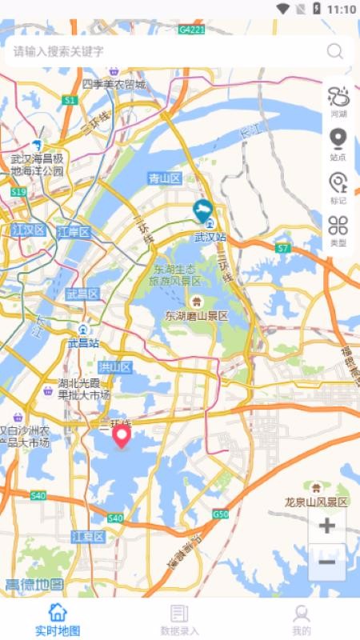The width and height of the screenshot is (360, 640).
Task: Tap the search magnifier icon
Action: coord(334,52)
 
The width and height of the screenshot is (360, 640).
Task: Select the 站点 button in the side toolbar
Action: coord(338,143)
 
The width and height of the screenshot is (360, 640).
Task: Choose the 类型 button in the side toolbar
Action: coord(338,229)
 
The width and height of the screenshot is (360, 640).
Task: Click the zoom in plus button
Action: coord(326,526)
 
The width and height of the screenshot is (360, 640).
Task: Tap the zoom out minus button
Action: coord(326,562)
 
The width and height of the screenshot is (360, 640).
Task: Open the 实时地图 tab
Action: coord(58,619)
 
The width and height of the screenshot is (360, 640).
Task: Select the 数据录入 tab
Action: coord(179,619)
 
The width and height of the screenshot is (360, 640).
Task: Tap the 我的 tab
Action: coord(301,619)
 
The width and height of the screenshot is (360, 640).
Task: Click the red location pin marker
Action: coord(122,437)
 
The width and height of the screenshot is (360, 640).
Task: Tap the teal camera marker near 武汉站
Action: coord(202,211)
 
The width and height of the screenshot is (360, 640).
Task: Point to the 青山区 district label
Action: coord(165,178)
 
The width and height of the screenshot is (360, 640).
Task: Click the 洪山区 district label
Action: coord(114,367)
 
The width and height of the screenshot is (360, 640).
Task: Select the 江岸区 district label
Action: coord(74,232)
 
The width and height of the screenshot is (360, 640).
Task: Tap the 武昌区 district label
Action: coord(82,294)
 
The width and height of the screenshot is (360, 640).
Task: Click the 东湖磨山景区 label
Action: coord(196,316)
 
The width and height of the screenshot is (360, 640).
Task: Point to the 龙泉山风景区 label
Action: coord(317,502)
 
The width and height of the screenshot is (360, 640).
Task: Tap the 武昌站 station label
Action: coord(82,342)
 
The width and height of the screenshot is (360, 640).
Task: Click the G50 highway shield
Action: coord(220,514)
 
